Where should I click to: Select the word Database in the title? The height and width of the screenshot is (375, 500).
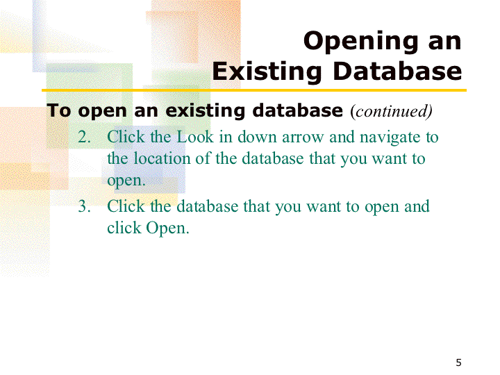pos(397,71)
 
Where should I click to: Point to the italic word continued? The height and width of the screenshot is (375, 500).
pos(391,111)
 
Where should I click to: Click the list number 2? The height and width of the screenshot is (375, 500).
pos(84,137)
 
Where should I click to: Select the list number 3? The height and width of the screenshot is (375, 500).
pos(84,206)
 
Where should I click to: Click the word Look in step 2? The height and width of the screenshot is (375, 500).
pos(195,137)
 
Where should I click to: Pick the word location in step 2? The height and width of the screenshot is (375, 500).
pos(162,158)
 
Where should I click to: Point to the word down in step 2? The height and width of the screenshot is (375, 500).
pos(257,137)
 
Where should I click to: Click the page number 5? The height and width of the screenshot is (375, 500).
pos(458,362)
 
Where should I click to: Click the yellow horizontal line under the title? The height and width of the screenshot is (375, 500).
pos(254,90)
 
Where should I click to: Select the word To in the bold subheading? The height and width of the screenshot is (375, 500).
pos(58,110)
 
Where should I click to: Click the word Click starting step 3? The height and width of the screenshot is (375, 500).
pos(126,206)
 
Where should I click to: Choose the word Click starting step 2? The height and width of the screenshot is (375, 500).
pos(126,137)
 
